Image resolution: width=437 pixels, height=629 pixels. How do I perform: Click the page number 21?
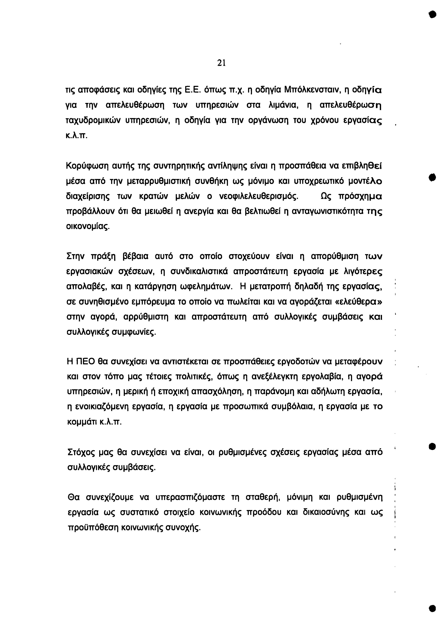(x=221, y=63)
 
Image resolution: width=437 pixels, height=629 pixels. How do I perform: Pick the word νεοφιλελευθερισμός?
(x=259, y=196)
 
